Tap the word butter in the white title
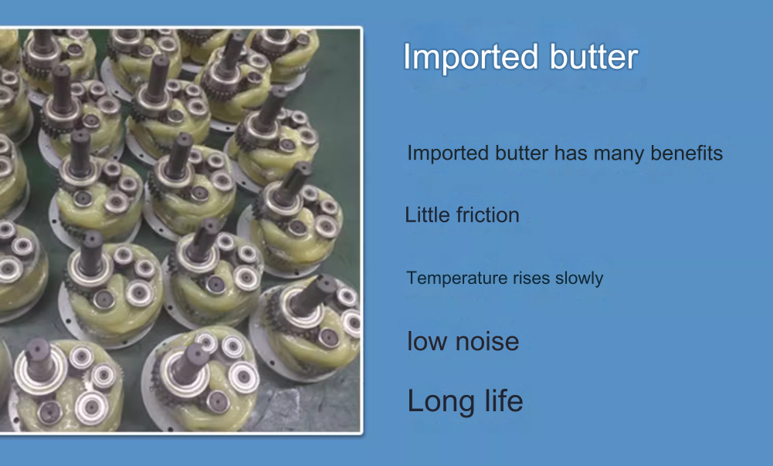(594, 56)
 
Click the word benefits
(687, 154)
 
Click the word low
(427, 341)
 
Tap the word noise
(487, 341)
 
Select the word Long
(441, 402)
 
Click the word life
(503, 400)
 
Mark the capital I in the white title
(407, 56)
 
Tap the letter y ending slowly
(598, 281)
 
